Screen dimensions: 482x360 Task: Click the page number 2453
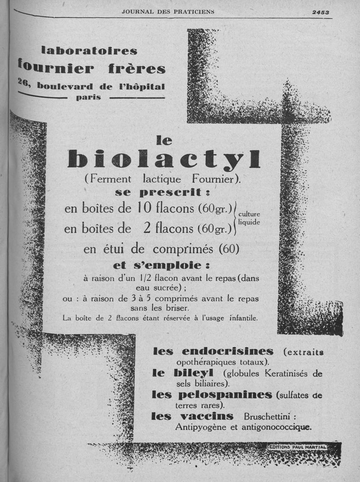point(321,13)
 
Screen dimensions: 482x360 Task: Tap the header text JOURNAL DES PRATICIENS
point(168,12)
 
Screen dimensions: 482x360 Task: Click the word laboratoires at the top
point(89,50)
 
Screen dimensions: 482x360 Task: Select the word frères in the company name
point(137,68)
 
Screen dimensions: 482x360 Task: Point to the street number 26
point(23,82)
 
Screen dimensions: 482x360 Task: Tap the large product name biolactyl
point(164,159)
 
